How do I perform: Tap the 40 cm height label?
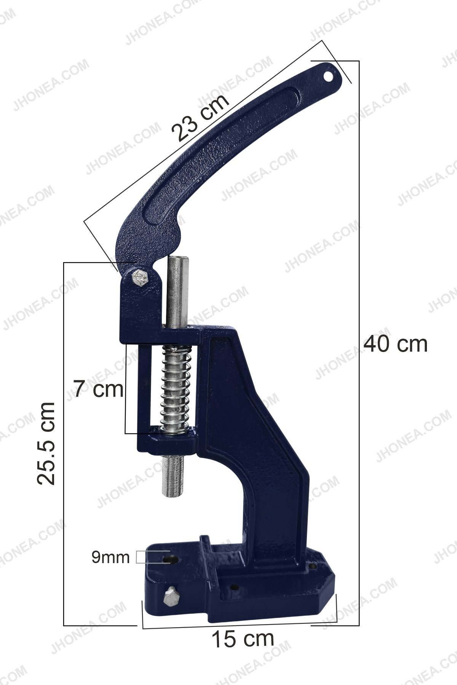point(396,344)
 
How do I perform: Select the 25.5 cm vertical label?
point(46,443)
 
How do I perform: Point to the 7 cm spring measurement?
point(98,389)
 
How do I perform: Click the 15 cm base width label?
point(243,639)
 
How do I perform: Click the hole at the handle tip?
point(328,76)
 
